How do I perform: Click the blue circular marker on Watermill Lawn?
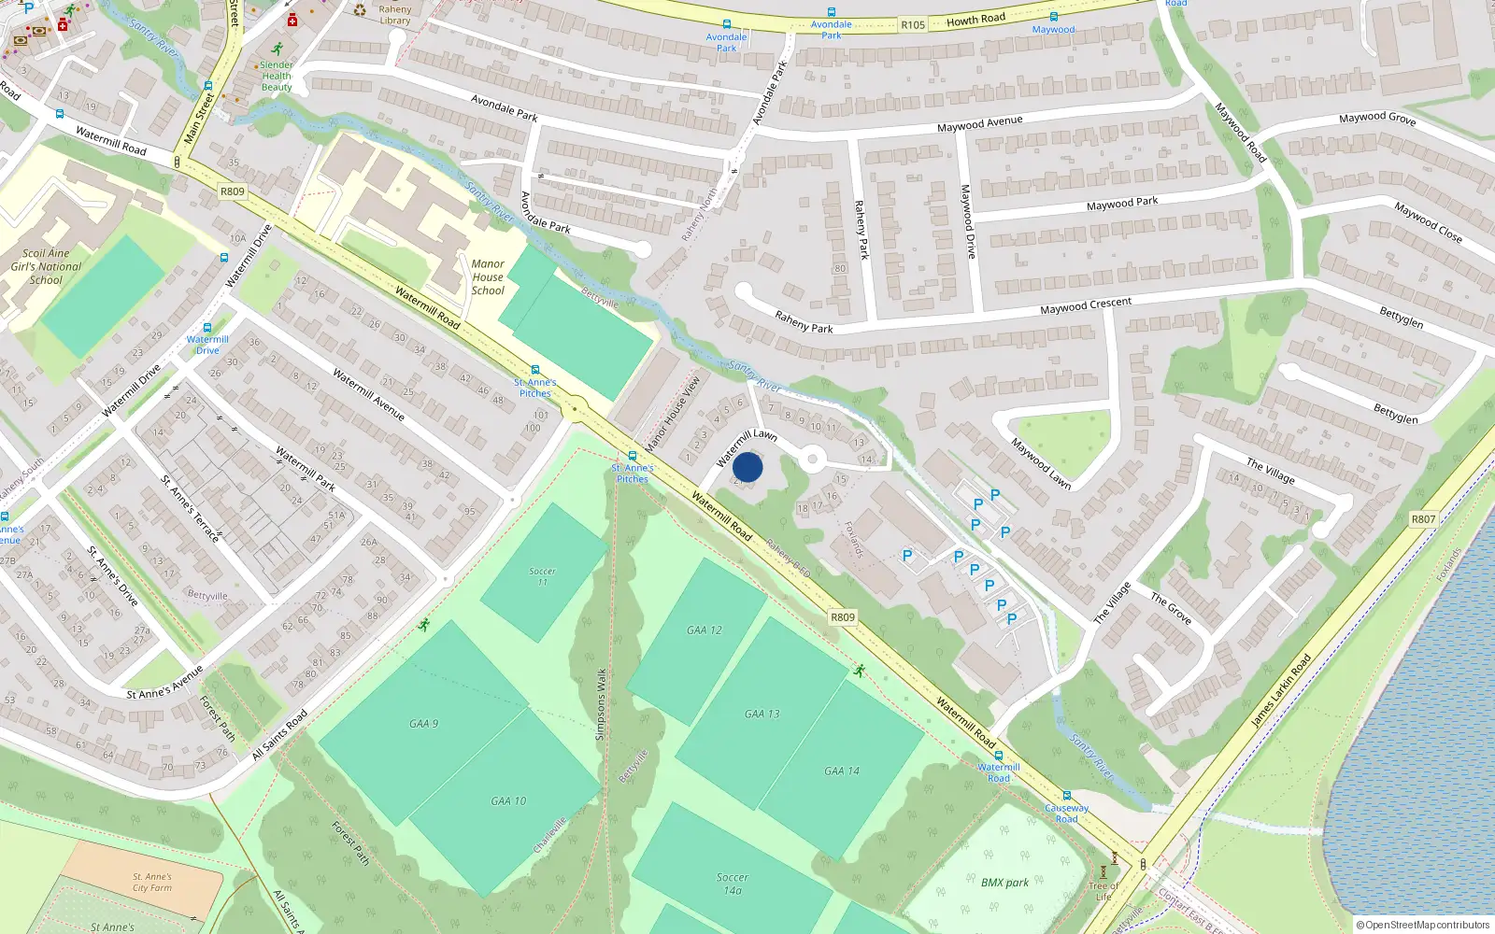tap(747, 467)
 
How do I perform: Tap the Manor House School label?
tap(488, 277)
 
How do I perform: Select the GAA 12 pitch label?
tap(705, 630)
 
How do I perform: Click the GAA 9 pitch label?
tap(423, 724)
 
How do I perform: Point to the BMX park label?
tap(1004, 883)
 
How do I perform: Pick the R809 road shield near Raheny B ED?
tap(843, 617)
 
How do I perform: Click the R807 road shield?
tap(1423, 519)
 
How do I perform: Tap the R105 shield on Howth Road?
tap(913, 25)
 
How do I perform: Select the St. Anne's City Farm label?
tap(151, 883)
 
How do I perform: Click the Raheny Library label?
tap(395, 15)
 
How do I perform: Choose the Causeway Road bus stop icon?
tap(1066, 797)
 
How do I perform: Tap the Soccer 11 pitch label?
tap(542, 576)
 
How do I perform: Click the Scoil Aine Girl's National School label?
tap(46, 266)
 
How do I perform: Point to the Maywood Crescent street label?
tap(1086, 305)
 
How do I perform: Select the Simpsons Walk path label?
tap(601, 704)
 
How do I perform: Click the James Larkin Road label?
tap(1281, 691)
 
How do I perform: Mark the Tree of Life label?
tap(1103, 891)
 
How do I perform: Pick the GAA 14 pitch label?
tap(842, 771)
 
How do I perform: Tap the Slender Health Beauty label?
tap(277, 77)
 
